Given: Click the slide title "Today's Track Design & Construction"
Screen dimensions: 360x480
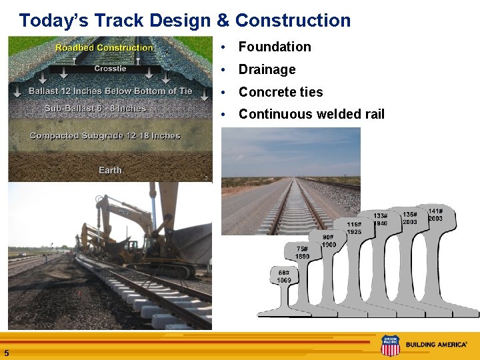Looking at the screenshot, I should coord(185,21).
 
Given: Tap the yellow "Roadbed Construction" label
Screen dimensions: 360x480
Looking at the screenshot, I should coord(104,48).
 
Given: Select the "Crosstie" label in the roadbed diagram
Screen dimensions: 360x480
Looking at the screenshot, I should coord(110,69).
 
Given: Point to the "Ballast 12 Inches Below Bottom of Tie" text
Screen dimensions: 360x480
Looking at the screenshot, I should coord(110,91).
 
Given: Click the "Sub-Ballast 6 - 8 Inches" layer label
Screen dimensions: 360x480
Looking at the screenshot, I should coord(95,108).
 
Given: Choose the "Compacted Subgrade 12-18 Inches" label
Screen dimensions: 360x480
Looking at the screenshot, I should coord(105,136).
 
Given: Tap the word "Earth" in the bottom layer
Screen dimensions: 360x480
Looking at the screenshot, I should coord(110,171).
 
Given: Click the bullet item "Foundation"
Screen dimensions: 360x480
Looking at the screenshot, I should coord(275,47).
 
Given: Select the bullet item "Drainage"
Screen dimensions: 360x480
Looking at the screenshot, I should coord(267,69).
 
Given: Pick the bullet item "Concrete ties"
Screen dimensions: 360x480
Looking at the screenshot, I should coord(281,92).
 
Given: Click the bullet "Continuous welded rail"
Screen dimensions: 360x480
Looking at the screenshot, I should coord(311,114).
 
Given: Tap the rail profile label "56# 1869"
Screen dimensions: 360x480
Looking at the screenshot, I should coord(284,276).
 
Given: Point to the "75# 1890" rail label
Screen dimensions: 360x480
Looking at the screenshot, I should coord(303,252).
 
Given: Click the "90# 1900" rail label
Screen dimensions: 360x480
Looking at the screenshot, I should coord(328,241).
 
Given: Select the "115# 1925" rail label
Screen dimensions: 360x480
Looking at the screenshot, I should coord(354,227).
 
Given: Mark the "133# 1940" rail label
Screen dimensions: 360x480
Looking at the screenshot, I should coord(380,219).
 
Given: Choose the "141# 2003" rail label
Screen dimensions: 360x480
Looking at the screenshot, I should coord(435,215).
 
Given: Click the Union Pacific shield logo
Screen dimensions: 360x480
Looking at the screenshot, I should coord(390,345).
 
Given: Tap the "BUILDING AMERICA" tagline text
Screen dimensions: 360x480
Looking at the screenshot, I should coord(436,345).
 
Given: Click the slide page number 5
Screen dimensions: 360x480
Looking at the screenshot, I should coord(6,353).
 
